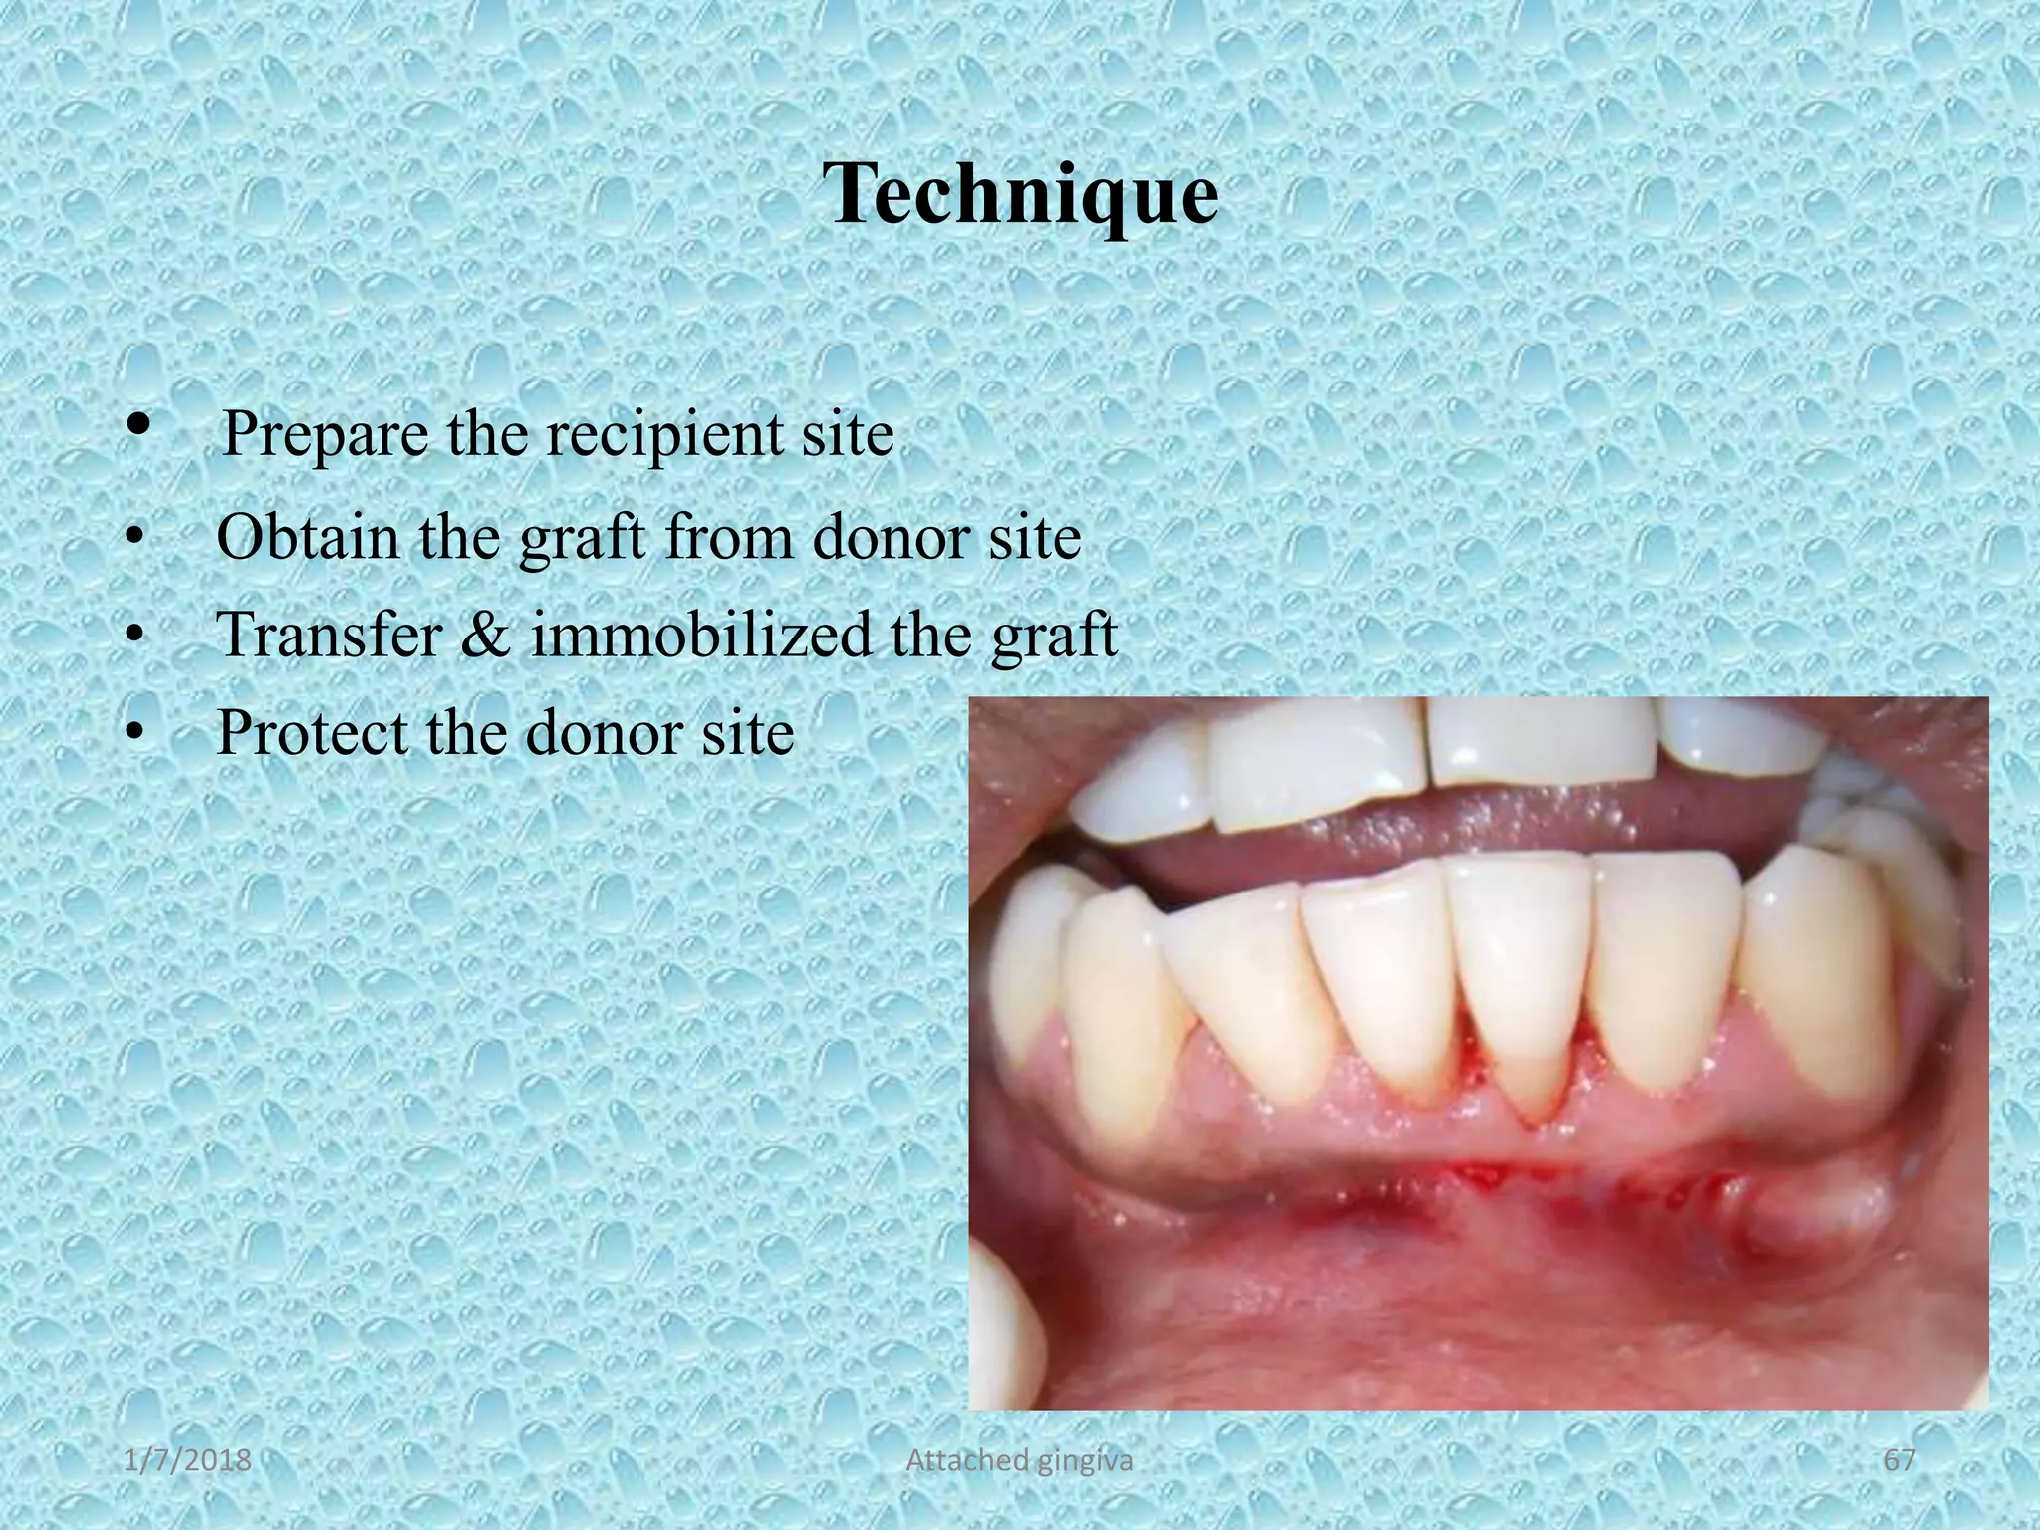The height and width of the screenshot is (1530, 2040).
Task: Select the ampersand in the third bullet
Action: point(485,635)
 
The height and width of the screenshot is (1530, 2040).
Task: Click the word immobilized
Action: point(700,635)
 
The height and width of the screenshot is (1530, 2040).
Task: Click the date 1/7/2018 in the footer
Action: point(188,1460)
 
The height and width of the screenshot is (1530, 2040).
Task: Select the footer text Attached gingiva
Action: point(1019,1460)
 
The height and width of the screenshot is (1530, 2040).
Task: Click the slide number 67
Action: point(1900,1460)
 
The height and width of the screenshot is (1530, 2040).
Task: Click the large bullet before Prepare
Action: point(138,426)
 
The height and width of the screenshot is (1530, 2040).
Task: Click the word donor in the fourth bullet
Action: point(598,732)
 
